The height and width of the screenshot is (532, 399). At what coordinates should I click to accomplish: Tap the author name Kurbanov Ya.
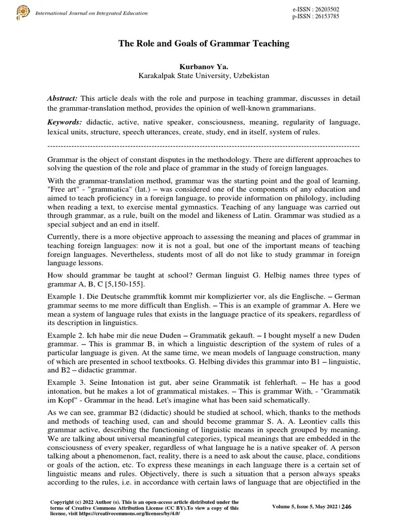[203, 67]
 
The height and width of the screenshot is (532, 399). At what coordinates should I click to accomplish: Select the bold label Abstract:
[62, 99]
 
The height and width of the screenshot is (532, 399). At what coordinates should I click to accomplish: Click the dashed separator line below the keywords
[203, 145]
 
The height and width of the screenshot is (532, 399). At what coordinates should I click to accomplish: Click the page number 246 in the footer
[347, 507]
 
